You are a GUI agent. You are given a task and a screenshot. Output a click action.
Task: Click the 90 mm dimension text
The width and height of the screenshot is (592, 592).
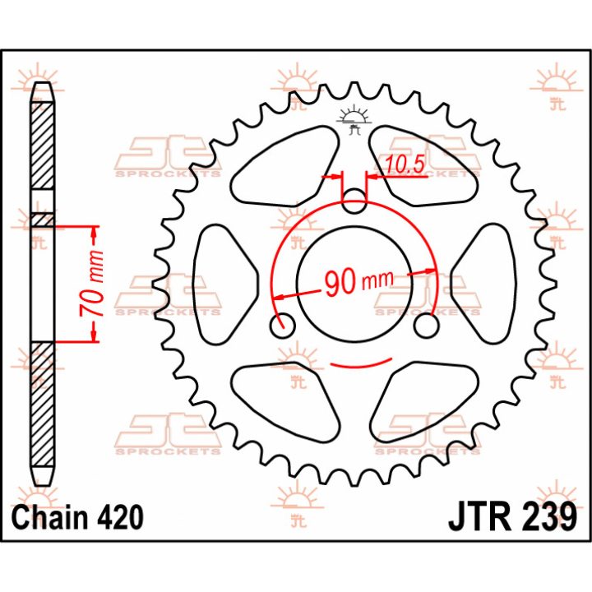359,282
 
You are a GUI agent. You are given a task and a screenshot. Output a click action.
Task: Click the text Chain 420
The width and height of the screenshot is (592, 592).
77,517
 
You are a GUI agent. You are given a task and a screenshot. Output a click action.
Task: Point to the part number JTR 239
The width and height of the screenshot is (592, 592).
512,517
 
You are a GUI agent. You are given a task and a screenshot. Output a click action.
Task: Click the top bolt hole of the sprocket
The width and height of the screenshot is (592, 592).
354,201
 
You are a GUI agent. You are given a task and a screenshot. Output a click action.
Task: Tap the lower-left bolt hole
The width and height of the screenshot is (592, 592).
283,325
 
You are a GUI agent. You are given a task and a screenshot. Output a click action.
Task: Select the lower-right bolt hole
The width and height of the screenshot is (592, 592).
426,325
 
